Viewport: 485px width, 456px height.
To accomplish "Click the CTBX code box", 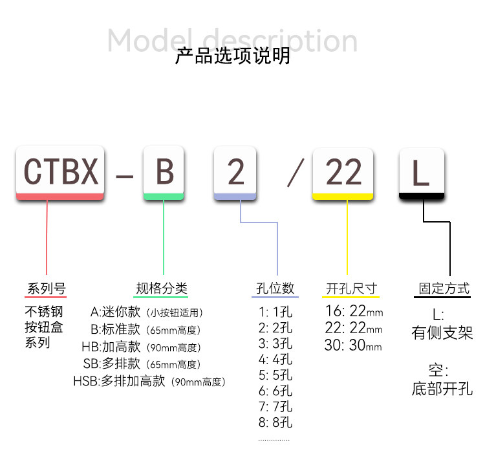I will (61, 172).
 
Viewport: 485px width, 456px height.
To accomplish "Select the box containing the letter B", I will (165, 172).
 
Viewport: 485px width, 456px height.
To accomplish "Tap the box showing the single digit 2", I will (236, 172).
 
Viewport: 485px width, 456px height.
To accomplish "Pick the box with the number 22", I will (343, 172).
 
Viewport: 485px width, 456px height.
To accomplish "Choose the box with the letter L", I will (421, 172).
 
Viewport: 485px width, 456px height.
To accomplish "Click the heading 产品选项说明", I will (233, 56).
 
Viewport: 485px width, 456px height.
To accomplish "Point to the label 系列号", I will (46, 288).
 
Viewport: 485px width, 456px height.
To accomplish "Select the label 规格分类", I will (161, 288).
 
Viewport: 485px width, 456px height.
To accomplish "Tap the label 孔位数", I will (275, 288).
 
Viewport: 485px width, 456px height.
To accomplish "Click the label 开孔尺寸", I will (351, 288).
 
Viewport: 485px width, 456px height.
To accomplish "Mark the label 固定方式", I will (444, 288).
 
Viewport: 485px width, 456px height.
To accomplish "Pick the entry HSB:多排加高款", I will (149, 382).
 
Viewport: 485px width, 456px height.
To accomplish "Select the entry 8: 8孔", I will (275, 424).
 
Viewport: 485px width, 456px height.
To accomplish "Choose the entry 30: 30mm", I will (353, 345).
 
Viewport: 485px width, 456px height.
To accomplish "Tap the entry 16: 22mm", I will (353, 312).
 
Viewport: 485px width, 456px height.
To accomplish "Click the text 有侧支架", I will (442, 334).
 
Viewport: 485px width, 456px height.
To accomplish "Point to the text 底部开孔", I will (442, 389).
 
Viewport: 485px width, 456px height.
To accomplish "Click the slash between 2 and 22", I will (296, 172).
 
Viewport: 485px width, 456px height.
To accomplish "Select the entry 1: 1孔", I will (275, 311).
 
